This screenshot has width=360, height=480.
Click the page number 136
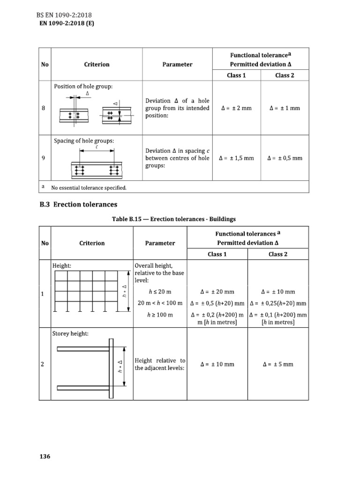pyautogui.click(x=45, y=457)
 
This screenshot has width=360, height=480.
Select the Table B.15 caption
pyautogui.click(x=173, y=219)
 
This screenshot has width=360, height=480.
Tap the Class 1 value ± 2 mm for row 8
pyautogui.click(x=236, y=108)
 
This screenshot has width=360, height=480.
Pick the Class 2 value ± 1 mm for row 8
pyautogui.click(x=285, y=108)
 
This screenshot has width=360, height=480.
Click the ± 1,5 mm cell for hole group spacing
pyautogui.click(x=236, y=158)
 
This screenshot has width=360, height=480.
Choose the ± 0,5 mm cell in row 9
pyautogui.click(x=285, y=158)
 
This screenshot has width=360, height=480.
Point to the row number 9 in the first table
pyautogui.click(x=43, y=158)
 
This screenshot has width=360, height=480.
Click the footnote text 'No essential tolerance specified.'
pyautogui.click(x=89, y=187)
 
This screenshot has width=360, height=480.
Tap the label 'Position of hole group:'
pyautogui.click(x=83, y=86)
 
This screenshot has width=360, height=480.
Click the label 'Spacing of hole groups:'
pyautogui.click(x=84, y=141)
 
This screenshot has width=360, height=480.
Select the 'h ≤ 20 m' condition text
pyautogui.click(x=160, y=291)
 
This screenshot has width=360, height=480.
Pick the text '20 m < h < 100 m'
pyautogui.click(x=160, y=303)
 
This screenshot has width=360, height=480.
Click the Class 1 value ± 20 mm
pyautogui.click(x=217, y=291)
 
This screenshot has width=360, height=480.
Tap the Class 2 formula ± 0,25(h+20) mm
pyautogui.click(x=278, y=303)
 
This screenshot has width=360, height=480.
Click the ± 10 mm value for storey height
pyautogui.click(x=217, y=364)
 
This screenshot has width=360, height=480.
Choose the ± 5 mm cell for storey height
pyautogui.click(x=278, y=364)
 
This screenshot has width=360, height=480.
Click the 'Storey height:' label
pyautogui.click(x=70, y=334)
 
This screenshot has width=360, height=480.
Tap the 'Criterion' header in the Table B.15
pyautogui.click(x=92, y=243)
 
